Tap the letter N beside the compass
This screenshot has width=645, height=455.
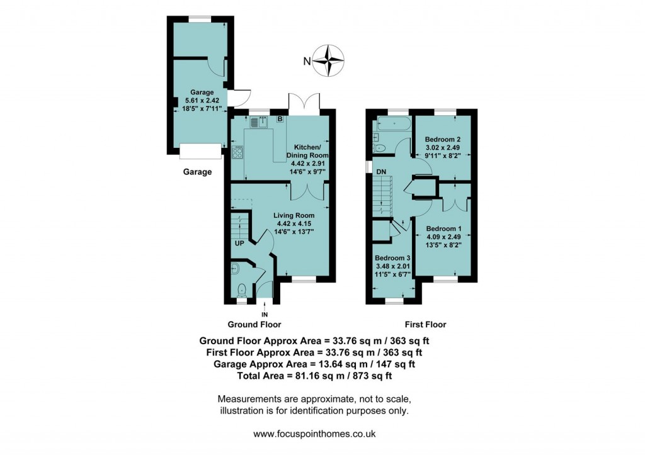coord(307,61)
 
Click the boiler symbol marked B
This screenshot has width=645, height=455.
coord(280,119)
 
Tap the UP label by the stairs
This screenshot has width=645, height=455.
coord(239,243)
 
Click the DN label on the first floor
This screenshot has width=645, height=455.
coord(380,171)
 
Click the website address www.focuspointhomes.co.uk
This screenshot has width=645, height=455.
coord(314,434)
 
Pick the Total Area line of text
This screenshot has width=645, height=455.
coord(314,376)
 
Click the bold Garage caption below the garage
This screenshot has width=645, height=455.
coord(197,172)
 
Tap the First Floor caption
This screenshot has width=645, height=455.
coord(426,325)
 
